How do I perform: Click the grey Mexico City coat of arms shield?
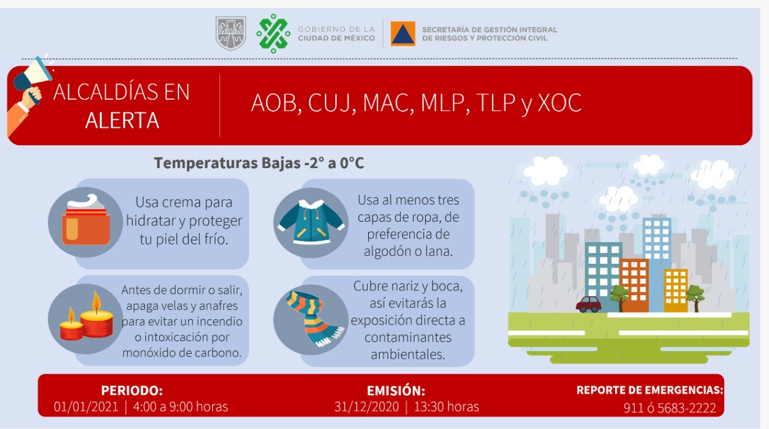click(231, 33)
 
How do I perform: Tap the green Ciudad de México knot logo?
click(273, 34)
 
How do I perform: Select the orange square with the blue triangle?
click(403, 34)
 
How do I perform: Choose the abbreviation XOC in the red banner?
click(559, 103)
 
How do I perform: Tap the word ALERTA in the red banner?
click(122, 120)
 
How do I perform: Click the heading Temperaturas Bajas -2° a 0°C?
click(259, 163)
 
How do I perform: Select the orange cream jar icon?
click(86, 221)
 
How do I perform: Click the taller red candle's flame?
click(97, 300)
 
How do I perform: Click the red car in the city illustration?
click(588, 305)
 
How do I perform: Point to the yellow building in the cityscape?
click(676, 291)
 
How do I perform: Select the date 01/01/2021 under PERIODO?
click(86, 407)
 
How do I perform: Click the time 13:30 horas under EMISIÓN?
click(446, 407)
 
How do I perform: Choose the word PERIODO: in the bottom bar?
click(132, 391)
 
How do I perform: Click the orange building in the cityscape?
click(634, 285)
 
